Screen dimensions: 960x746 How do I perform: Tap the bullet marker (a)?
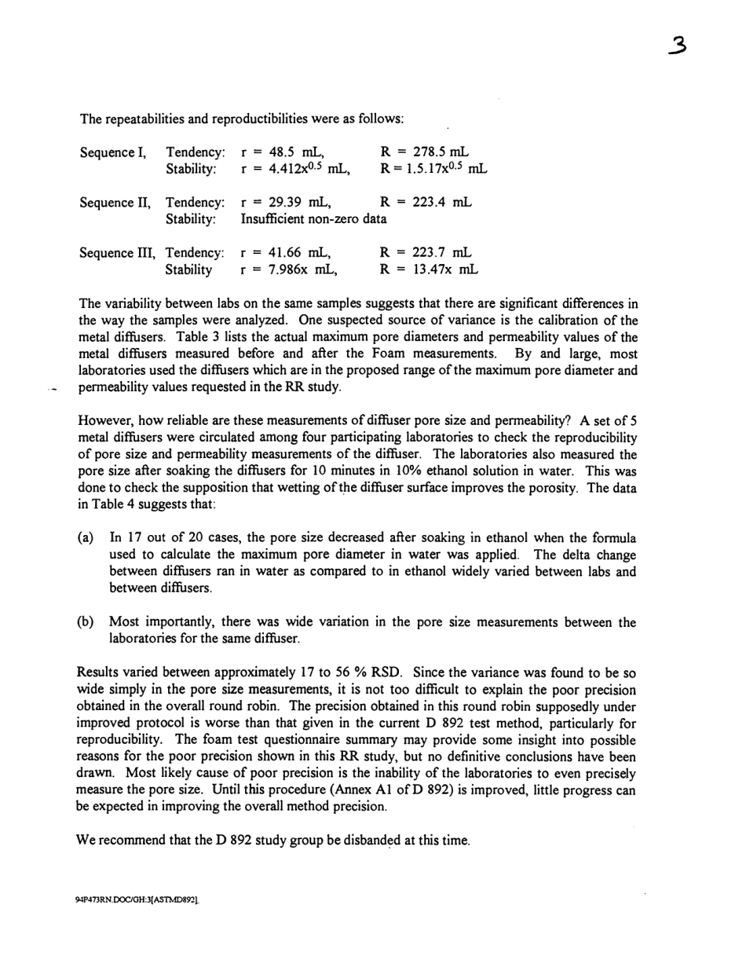pyautogui.click(x=86, y=538)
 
